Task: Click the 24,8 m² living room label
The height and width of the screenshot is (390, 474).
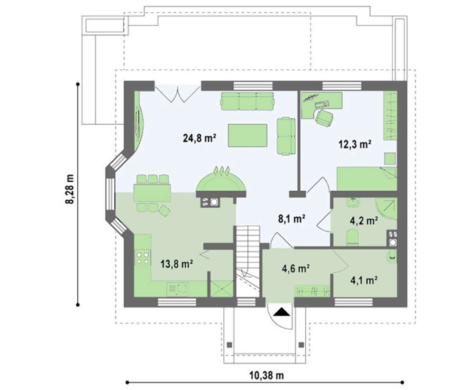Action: [x=199, y=138]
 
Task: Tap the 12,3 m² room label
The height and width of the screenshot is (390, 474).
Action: [x=355, y=144]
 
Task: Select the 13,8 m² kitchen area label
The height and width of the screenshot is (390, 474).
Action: [x=177, y=264]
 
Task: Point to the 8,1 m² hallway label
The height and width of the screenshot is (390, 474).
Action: [x=292, y=218]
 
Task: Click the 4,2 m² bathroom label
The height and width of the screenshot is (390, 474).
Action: [x=364, y=221]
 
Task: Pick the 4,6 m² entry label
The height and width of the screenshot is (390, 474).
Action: [x=296, y=268]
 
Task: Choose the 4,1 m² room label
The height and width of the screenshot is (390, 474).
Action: [x=364, y=280]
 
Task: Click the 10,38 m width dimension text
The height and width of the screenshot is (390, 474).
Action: [x=266, y=375]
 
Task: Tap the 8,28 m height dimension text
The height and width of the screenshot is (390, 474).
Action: [x=70, y=189]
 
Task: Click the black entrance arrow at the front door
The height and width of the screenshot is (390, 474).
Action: [x=282, y=312]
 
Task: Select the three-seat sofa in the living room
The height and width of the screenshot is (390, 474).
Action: [x=247, y=101]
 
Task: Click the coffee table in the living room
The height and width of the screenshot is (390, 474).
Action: [x=247, y=135]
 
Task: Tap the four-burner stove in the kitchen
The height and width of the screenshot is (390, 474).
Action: [x=143, y=257]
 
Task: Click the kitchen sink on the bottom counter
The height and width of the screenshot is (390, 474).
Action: [x=178, y=289]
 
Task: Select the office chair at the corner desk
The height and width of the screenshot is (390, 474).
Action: [x=324, y=117]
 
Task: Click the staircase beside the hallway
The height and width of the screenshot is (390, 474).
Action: [x=247, y=261]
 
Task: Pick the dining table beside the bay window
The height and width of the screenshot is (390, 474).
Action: [x=152, y=193]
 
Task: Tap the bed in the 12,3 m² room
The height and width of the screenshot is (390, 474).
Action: [x=367, y=179]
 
